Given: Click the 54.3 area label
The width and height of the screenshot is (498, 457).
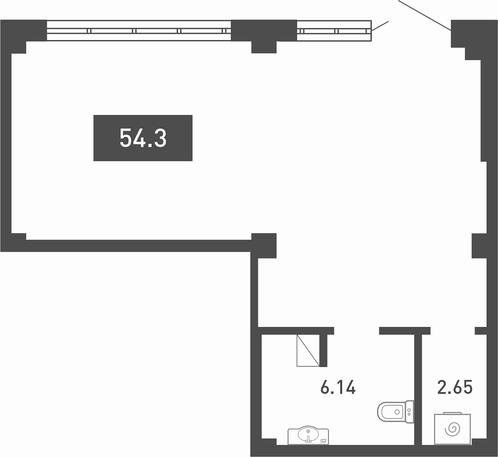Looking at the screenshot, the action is [143, 138].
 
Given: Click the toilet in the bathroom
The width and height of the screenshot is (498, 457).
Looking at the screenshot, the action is [395, 412].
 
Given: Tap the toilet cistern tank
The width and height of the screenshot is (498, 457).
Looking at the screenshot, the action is [409, 412].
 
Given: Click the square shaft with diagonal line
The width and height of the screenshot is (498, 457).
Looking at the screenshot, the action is [308, 350].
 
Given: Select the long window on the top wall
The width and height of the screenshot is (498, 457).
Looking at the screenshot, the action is [139, 30].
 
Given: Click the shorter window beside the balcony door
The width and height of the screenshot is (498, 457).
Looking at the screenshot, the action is [334, 31].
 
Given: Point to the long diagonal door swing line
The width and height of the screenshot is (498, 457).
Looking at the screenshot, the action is [424, 15].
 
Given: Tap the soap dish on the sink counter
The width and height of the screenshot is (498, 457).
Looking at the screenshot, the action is [323, 441].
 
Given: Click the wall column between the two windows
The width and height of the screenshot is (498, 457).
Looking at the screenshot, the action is [264, 36].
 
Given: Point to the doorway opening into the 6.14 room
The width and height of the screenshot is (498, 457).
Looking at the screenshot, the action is [356, 331].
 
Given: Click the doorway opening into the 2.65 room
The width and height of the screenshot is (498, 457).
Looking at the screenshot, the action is [452, 331].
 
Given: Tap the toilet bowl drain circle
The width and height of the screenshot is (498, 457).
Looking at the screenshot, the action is [397, 412].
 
